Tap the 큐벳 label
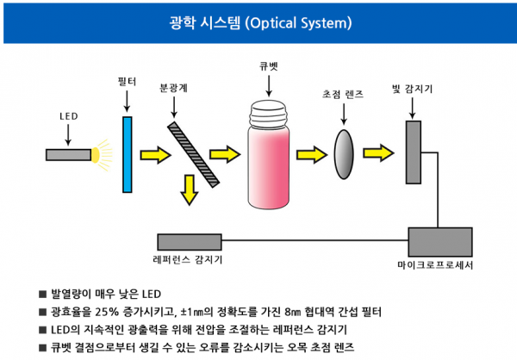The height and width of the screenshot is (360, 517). click(x=269, y=65)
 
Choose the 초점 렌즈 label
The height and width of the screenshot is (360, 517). click(x=343, y=96)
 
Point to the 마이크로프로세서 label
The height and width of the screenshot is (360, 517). click(x=440, y=263)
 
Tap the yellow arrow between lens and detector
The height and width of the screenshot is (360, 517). click(x=379, y=153)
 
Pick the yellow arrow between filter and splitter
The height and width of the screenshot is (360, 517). click(x=156, y=154)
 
